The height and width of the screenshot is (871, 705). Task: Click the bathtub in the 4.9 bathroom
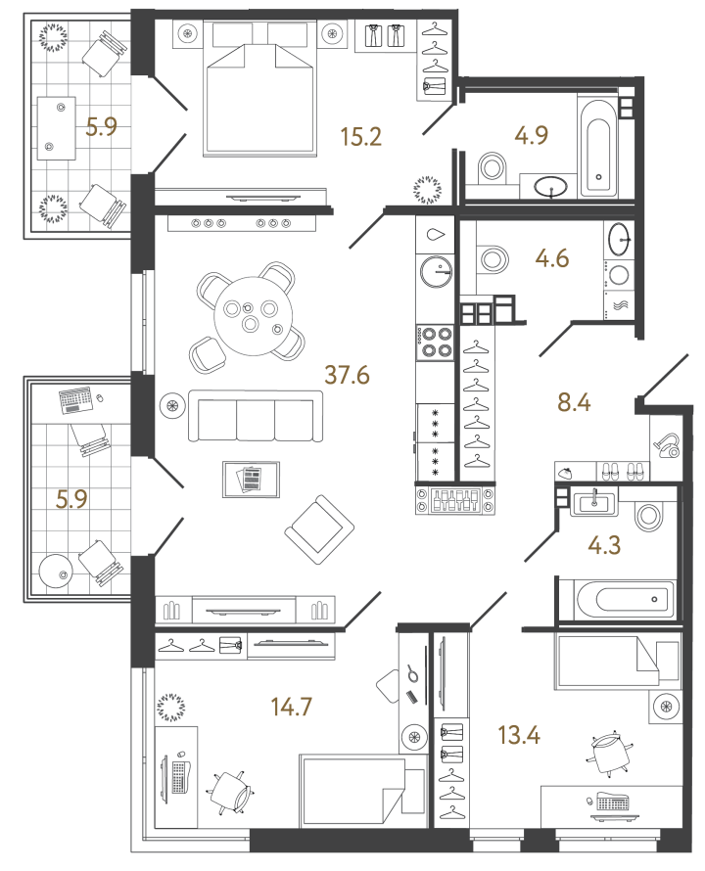click(x=598, y=147)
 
